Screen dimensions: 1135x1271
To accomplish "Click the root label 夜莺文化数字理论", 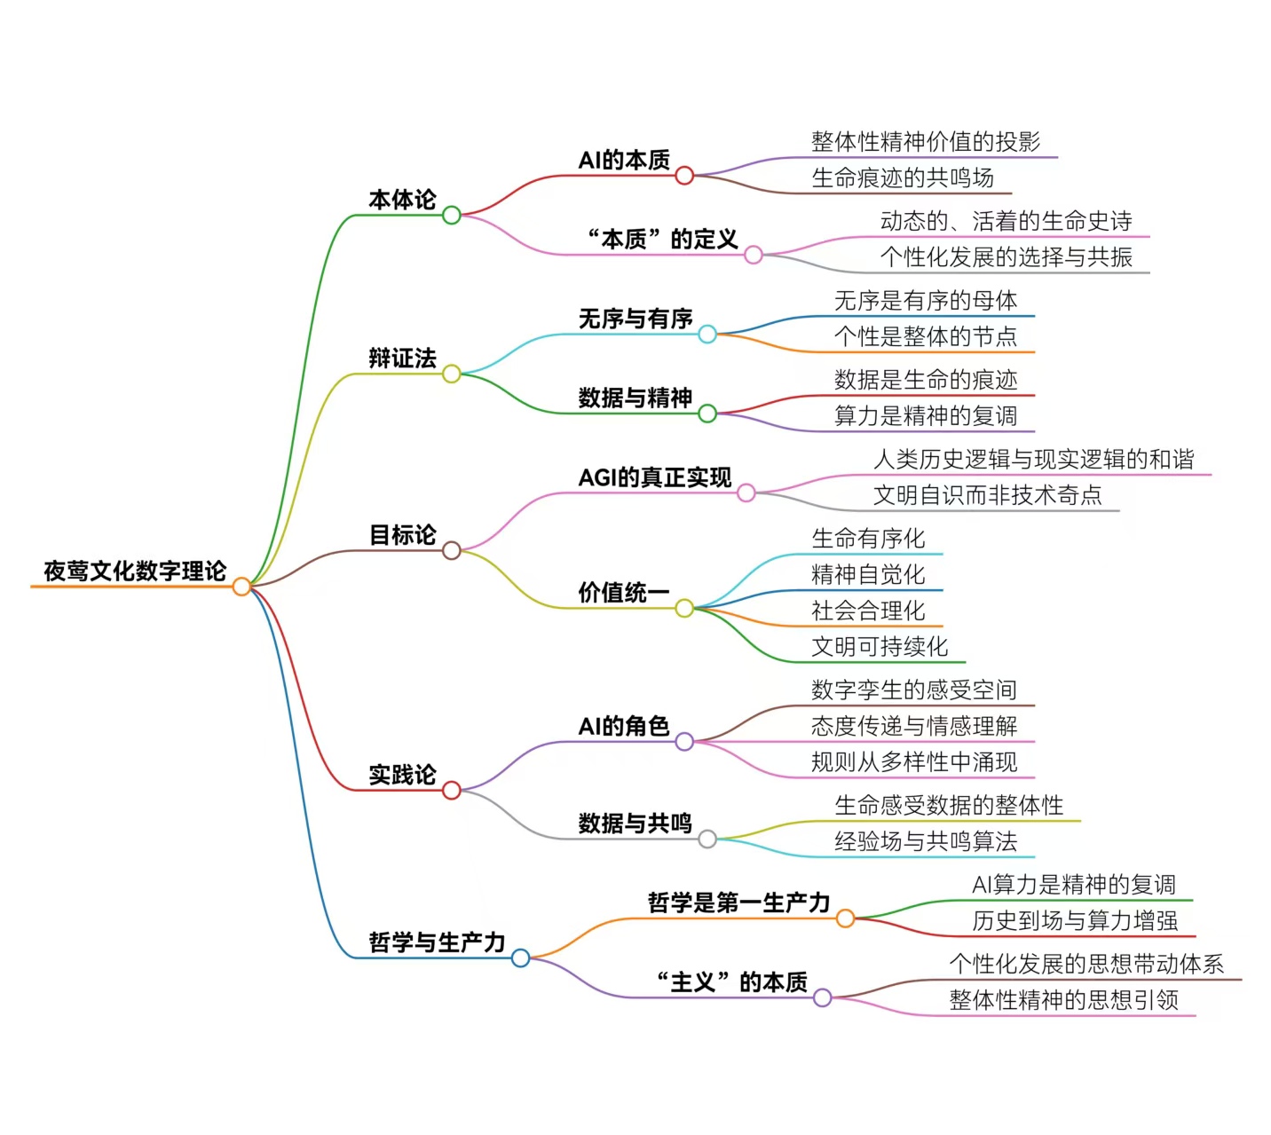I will click(135, 571).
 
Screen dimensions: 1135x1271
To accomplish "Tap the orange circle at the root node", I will click(241, 587).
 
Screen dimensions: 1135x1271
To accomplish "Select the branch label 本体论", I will click(402, 200).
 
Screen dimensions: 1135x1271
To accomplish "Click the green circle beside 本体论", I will click(451, 215).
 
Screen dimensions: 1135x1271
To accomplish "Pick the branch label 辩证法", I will click(402, 359).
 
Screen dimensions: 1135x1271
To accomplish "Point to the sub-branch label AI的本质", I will click(624, 160).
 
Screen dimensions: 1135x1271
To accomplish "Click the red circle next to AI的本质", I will click(683, 176).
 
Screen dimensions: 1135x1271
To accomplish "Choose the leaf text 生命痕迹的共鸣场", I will click(902, 177).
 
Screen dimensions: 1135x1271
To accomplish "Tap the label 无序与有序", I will click(635, 319).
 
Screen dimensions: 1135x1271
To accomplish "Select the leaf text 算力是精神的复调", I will click(925, 415).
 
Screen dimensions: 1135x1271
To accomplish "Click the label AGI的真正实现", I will click(654, 477).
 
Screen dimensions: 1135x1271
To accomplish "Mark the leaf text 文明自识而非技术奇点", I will click(987, 494).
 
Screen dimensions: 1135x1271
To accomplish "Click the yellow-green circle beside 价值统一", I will click(683, 608).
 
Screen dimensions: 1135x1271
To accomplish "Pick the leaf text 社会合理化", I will click(867, 610).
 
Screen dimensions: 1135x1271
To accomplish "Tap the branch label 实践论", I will click(402, 775).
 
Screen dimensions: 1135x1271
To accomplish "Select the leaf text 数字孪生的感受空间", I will click(913, 690).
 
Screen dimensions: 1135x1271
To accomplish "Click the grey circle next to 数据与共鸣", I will click(707, 839).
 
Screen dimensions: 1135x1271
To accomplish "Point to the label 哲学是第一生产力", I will click(738, 902).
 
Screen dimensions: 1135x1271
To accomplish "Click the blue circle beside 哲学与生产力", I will click(520, 958).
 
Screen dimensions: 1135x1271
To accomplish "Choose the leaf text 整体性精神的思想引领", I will click(1063, 1000).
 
